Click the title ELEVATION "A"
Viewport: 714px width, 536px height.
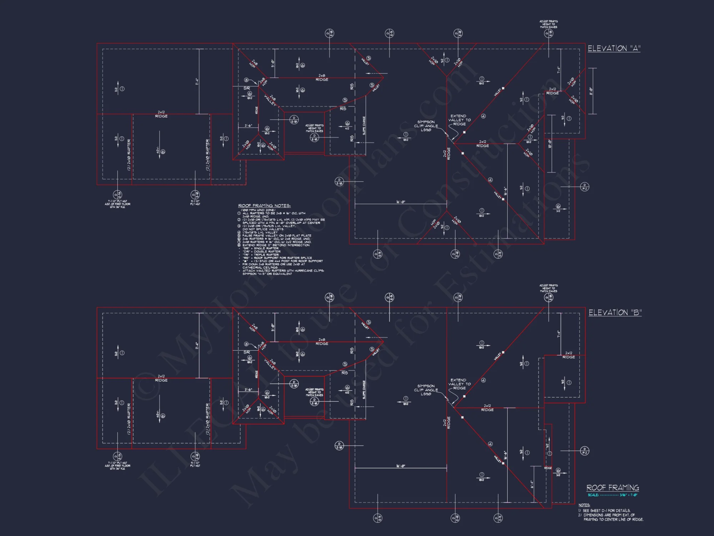(x=614, y=48)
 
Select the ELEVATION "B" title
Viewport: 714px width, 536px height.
(x=615, y=313)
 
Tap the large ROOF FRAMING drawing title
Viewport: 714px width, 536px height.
(x=613, y=488)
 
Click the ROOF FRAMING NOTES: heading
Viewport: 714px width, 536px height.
(x=264, y=205)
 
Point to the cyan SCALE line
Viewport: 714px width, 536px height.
(x=612, y=495)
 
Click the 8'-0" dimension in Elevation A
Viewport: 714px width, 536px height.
(x=591, y=91)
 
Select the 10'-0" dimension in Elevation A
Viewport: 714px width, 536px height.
(x=550, y=144)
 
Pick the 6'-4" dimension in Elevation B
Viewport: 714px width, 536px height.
(x=532, y=484)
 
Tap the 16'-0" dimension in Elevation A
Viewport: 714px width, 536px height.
(x=401, y=202)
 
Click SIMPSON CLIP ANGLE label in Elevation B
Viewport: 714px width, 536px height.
(x=426, y=390)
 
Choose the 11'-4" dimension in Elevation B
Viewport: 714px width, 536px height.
(x=197, y=346)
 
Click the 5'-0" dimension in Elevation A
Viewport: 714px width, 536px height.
(x=273, y=64)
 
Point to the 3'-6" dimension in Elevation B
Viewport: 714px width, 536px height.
(x=248, y=389)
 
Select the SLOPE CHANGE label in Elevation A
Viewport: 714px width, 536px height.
(x=364, y=125)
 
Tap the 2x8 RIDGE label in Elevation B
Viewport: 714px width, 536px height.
(x=322, y=342)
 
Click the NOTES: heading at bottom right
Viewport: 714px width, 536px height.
(x=584, y=505)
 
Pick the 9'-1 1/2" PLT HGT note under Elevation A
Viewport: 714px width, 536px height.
(x=195, y=203)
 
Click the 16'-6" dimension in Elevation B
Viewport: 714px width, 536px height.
(x=505, y=455)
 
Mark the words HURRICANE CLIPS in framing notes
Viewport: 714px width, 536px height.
(x=309, y=271)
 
